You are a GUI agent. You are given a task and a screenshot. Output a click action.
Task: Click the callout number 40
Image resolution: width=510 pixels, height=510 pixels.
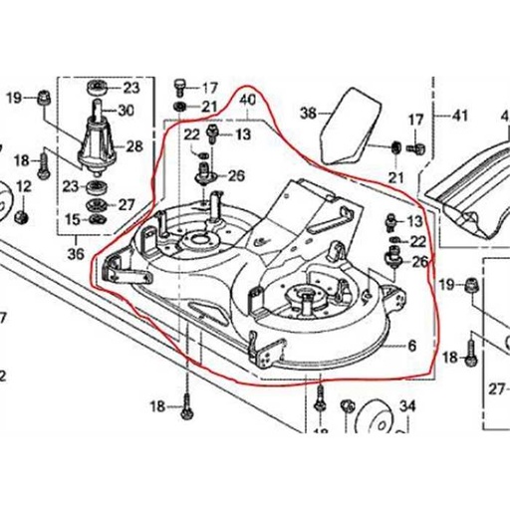coord(249,100)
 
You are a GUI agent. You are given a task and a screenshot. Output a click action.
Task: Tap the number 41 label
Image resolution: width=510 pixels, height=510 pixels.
coord(459,117)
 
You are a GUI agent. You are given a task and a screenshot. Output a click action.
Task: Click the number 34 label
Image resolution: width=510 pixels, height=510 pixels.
coord(407,405)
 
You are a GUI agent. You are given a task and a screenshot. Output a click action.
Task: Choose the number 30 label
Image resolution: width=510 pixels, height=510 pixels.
coord(130,110)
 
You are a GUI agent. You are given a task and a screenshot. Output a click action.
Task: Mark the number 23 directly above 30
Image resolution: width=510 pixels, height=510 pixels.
coord(130,87)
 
